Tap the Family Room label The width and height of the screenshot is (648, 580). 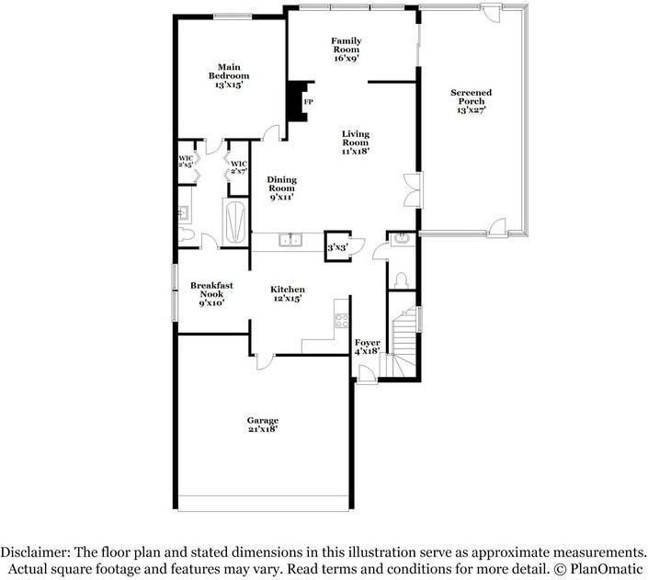[346, 49]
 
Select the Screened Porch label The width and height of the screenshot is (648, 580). [471, 101]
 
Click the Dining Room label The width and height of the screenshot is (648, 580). [281, 188]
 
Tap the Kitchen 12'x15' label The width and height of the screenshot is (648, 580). [288, 294]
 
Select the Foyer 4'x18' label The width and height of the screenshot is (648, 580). [368, 347]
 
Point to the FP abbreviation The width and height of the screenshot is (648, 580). [309, 101]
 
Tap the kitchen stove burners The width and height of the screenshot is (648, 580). [341, 321]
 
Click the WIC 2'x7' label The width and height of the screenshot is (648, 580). [239, 167]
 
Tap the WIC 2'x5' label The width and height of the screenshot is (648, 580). [185, 162]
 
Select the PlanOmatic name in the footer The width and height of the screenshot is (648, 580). [607, 569]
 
